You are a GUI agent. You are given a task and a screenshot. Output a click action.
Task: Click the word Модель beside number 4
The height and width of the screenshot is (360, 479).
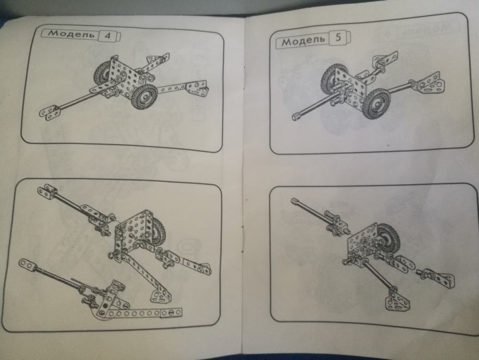tap(71, 33)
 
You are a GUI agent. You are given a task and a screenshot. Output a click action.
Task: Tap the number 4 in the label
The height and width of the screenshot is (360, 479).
tap(107, 36)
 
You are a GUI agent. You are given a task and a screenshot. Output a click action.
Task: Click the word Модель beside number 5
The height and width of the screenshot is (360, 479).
tap(303, 40)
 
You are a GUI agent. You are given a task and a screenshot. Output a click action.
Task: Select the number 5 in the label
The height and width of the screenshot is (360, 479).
tap(338, 38)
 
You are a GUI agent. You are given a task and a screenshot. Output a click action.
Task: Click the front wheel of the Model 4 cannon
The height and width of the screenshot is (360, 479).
tap(144, 97)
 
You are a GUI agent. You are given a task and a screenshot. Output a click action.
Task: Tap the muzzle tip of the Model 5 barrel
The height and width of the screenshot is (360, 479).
tap(296, 117)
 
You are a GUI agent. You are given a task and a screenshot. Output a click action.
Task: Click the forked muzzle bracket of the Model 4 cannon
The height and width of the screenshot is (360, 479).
tap(50, 112)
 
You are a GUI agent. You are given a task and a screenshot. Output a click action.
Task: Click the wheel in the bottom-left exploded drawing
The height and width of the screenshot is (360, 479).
tap(157, 230)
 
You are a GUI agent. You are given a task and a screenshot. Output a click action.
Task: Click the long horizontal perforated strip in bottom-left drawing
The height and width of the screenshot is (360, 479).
tap(140, 313)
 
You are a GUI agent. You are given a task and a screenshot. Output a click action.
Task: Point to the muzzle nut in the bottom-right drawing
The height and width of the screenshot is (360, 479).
tap(294, 201)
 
